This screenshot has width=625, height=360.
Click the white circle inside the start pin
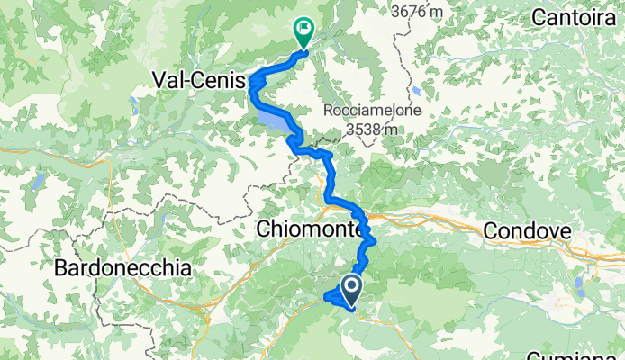pyautogui.click(x=350, y=287)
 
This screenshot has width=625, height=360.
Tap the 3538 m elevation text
pyautogui.click(x=371, y=129)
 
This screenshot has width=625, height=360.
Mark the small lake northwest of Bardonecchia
pyautogui.click(x=39, y=184)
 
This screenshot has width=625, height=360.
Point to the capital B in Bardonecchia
pyautogui.click(x=60, y=267)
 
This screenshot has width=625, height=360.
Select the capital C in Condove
pyautogui.click(x=492, y=231)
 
